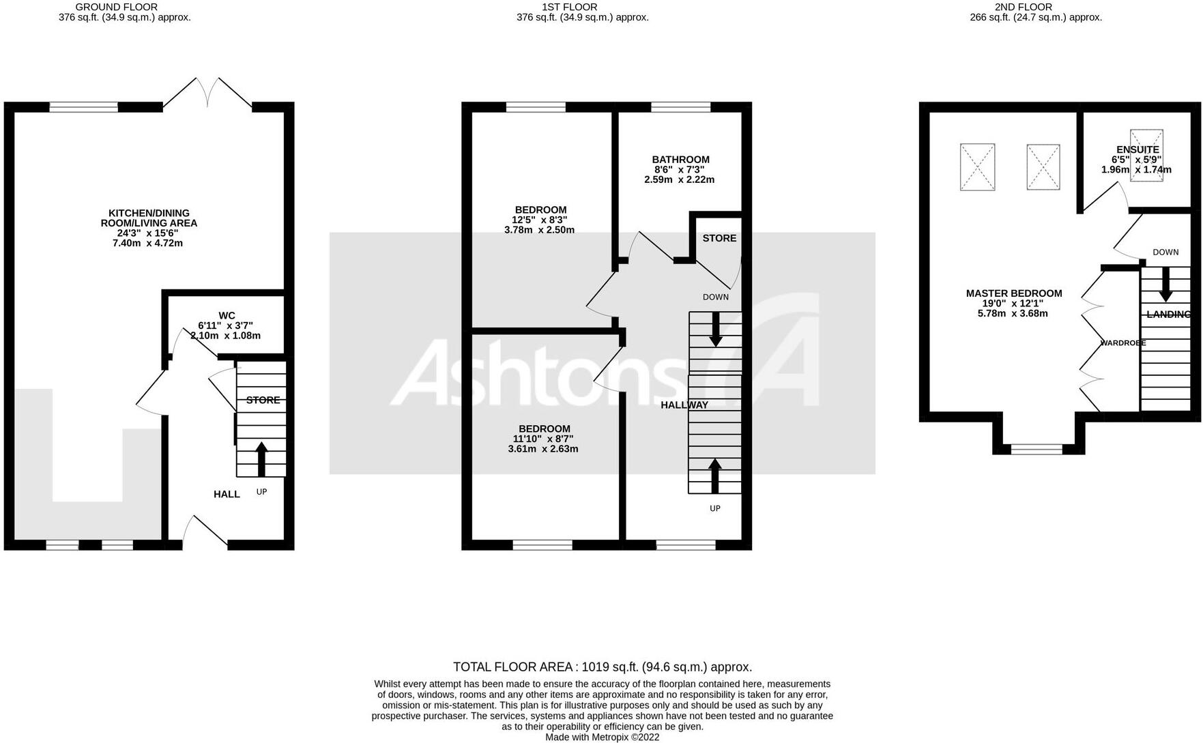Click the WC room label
tap(227, 315)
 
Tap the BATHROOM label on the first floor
tap(680, 160)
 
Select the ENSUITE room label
tap(1137, 149)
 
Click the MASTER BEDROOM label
tap(1013, 293)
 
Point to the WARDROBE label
tap(1122, 343)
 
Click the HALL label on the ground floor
tap(227, 494)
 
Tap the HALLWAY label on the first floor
tap(684, 405)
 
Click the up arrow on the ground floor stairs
tap(261, 458)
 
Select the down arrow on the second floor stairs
tap(1165, 284)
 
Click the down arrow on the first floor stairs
tap(715, 329)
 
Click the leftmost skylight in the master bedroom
tap(977, 166)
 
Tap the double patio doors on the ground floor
tap(207, 94)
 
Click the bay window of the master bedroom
tap(1037, 449)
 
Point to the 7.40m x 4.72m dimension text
tap(148, 243)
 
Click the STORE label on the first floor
tap(719, 238)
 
